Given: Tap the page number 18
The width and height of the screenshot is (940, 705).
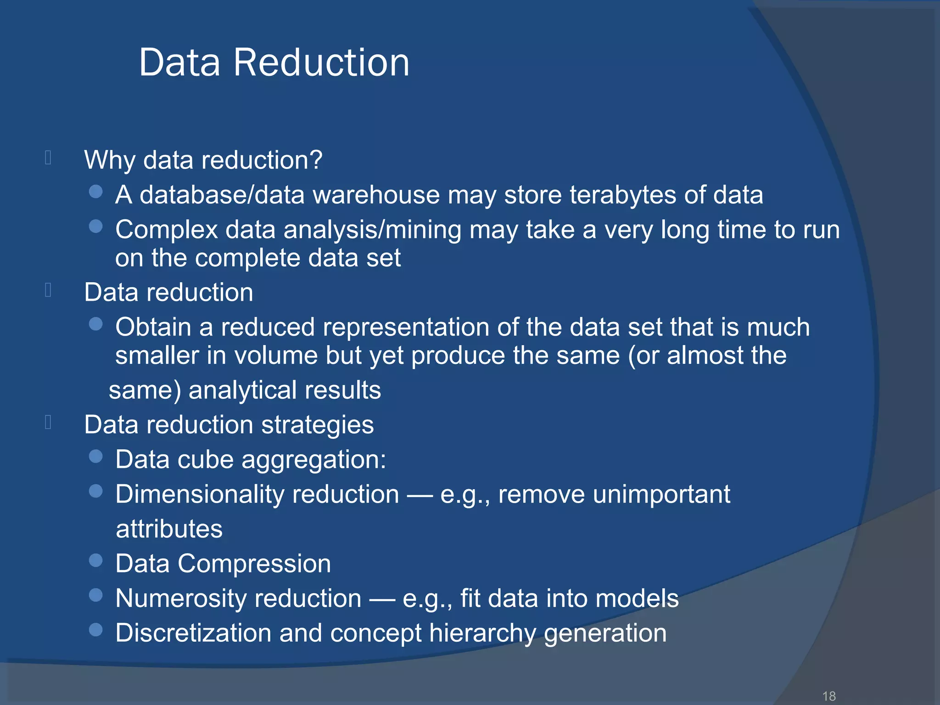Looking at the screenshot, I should [829, 696].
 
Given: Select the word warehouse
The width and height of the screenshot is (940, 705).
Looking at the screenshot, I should [376, 195].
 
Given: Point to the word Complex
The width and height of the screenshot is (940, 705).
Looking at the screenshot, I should [166, 229].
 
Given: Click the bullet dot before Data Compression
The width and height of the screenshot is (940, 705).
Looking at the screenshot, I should [95, 560].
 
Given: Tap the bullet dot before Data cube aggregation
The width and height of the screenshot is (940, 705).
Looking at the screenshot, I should [95, 456].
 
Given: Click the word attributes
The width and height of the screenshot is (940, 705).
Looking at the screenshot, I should [169, 529].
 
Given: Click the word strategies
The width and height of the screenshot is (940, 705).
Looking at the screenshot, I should [317, 425].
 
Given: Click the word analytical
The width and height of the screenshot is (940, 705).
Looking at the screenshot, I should [243, 390].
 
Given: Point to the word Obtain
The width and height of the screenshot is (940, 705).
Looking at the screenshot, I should [153, 327].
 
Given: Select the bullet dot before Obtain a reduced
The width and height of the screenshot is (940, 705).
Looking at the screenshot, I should [95, 325].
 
